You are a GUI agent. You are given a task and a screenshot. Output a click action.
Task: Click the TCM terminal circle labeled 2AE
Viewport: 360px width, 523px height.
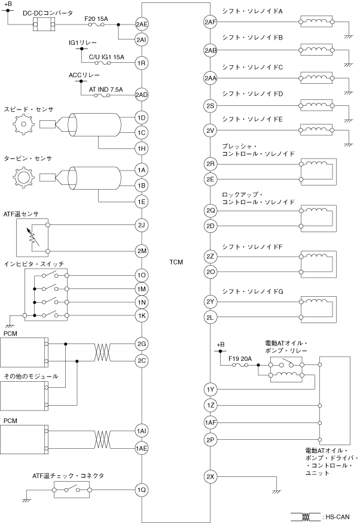pyautogui.click(x=142, y=25)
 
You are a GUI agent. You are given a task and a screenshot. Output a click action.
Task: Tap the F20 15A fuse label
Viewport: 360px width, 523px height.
pyautogui.click(x=97, y=18)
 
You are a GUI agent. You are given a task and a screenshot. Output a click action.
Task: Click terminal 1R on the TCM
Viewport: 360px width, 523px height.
pyautogui.click(x=142, y=62)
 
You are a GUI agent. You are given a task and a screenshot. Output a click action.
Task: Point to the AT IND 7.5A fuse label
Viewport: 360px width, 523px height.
pyautogui.click(x=106, y=89)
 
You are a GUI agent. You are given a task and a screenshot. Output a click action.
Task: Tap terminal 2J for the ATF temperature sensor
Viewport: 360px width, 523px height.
pyautogui.click(x=142, y=226)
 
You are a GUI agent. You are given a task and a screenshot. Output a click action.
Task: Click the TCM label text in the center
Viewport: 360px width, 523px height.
pyautogui.click(x=176, y=262)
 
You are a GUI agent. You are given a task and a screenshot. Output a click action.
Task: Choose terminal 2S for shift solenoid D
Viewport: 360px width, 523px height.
pyautogui.click(x=210, y=105)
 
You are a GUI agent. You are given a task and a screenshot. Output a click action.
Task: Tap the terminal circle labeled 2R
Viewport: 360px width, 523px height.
pyautogui.click(x=210, y=163)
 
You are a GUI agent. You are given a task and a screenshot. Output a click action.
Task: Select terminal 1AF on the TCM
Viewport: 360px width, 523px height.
pyautogui.click(x=210, y=422)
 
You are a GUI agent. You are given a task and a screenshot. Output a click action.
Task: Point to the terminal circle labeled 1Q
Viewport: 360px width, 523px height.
pyautogui.click(x=142, y=489)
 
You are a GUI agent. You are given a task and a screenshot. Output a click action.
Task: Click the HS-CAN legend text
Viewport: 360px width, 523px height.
pyautogui.click(x=340, y=515)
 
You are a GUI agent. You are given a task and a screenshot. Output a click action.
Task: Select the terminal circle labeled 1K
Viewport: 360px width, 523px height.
pyautogui.click(x=142, y=315)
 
